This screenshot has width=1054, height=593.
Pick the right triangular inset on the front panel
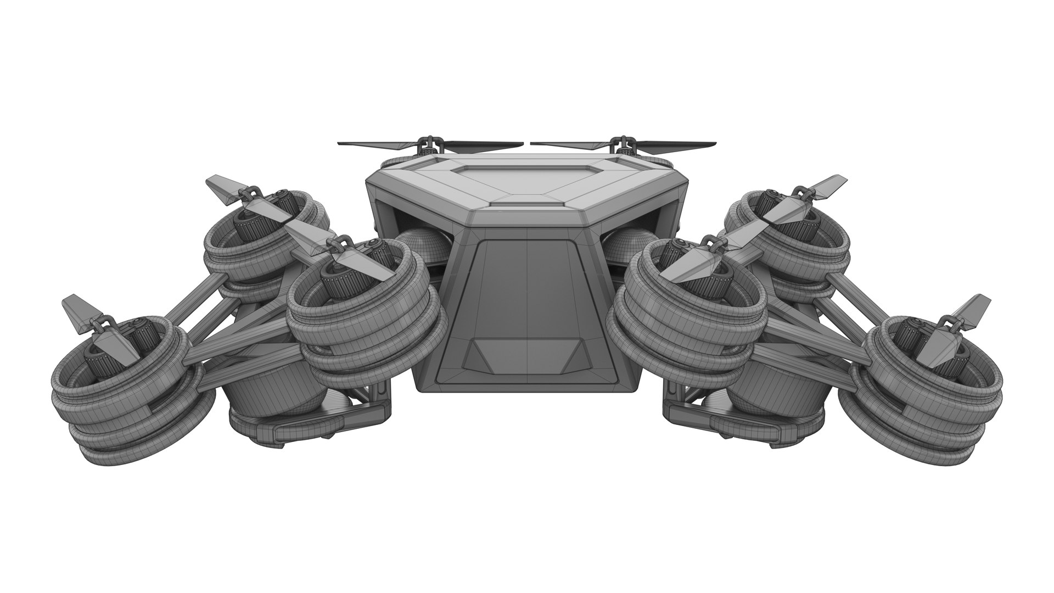pyautogui.click(x=571, y=354)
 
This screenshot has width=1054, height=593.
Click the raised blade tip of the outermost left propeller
pyautogui.click(x=74, y=307)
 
